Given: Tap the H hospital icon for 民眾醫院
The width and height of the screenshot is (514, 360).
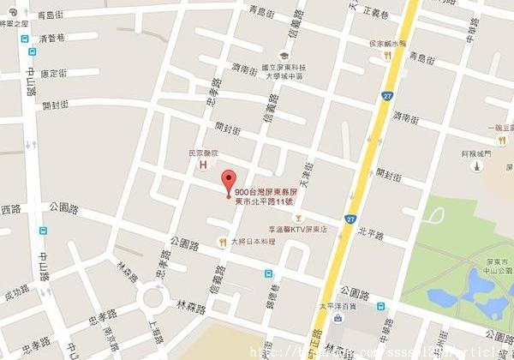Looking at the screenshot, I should point(203,165).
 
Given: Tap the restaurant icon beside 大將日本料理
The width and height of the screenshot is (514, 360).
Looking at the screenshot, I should point(223,241).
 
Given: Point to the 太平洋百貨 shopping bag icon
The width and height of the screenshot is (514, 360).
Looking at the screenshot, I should point(339,318).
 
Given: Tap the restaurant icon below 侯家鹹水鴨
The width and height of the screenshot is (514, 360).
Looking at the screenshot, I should point(387,54).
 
